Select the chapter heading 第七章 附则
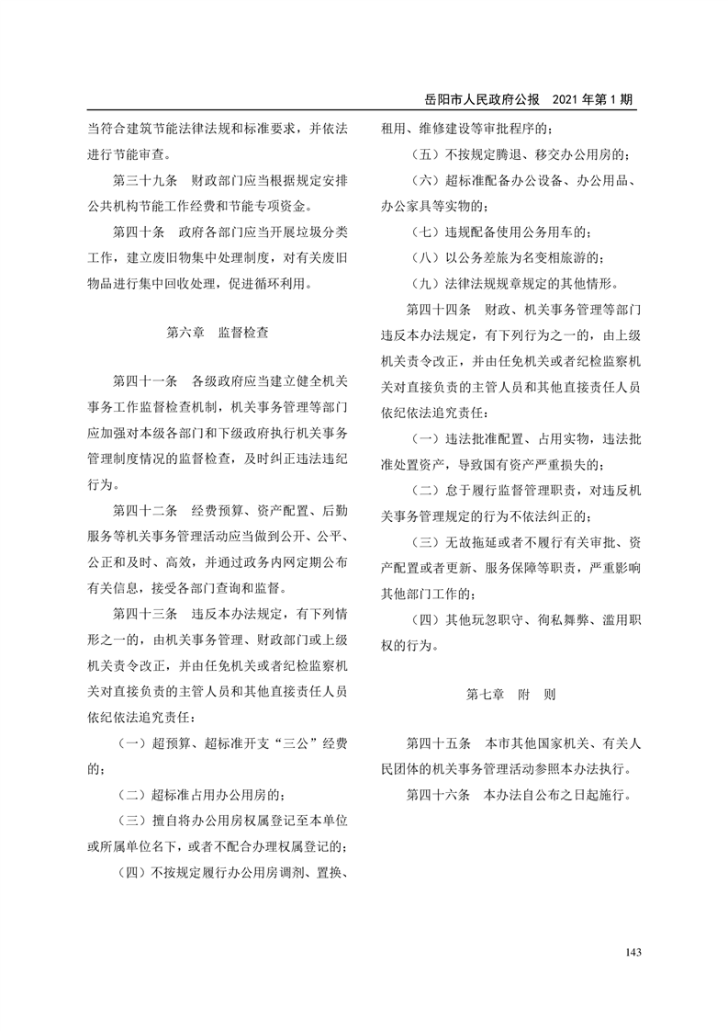[511, 694]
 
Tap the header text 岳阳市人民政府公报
[481, 99]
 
